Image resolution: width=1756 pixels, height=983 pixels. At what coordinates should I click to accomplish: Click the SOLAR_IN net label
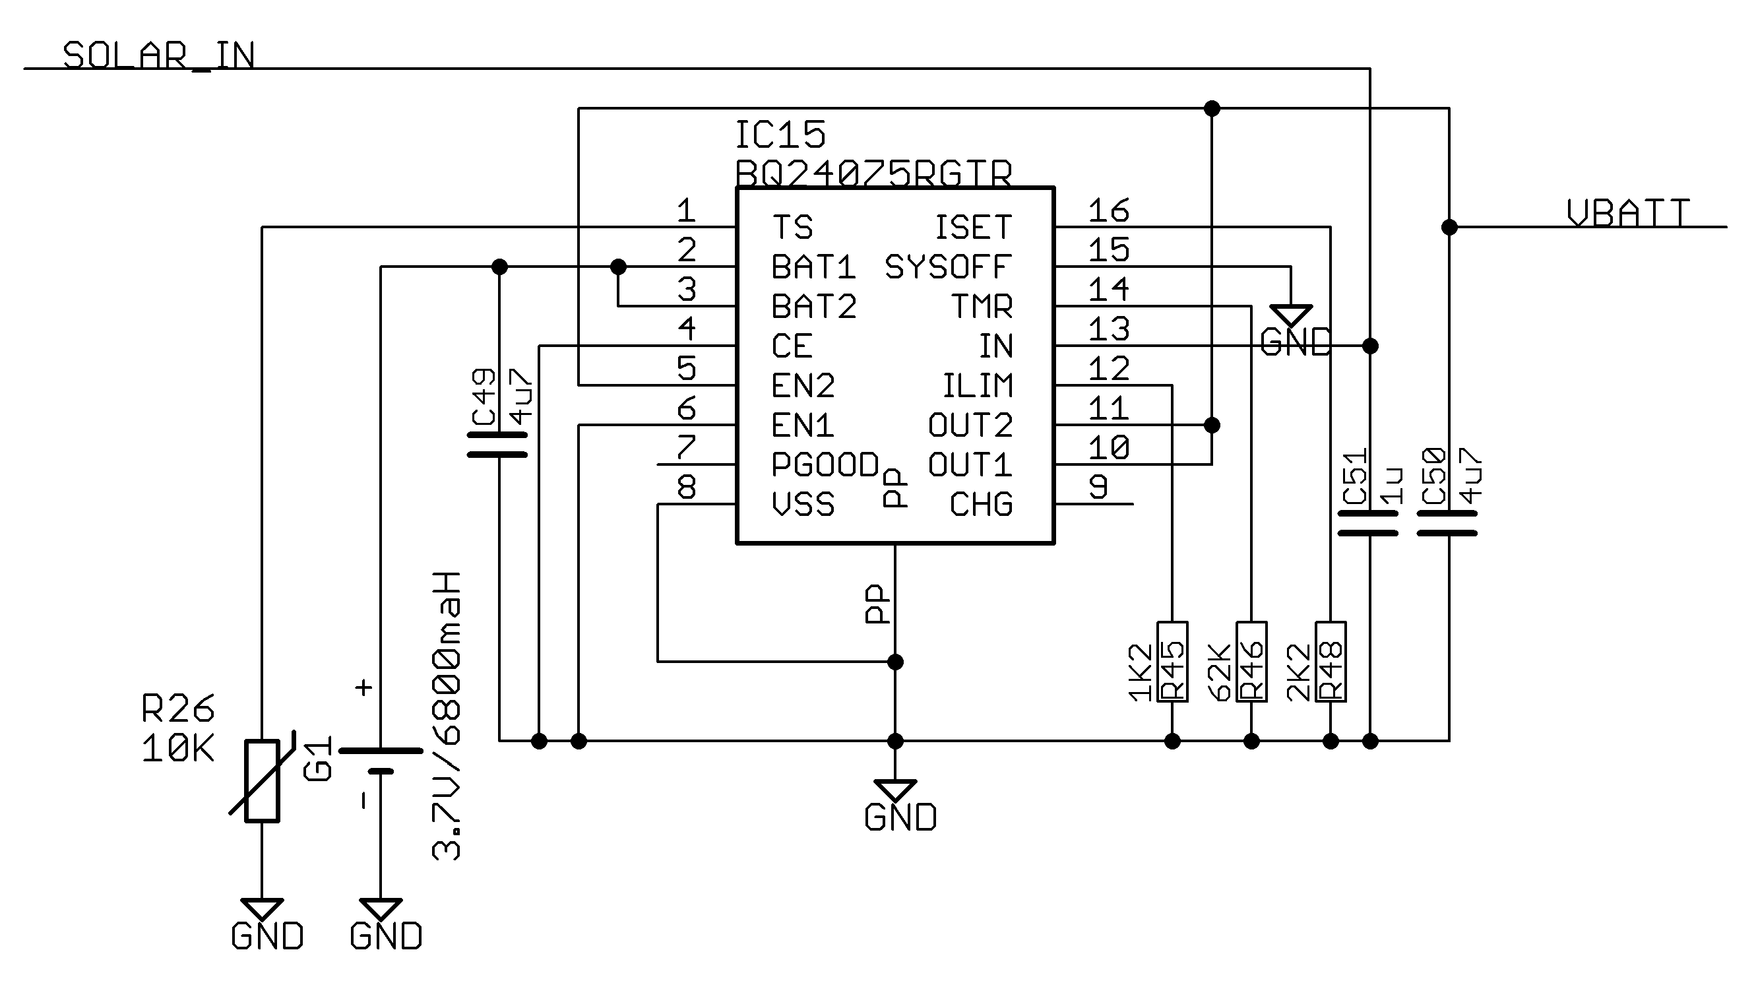click(158, 55)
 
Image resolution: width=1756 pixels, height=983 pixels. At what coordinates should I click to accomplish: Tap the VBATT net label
click(1628, 212)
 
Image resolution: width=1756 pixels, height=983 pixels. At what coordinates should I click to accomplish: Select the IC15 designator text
click(780, 135)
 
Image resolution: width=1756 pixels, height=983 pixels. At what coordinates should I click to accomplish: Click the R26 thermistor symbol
click(263, 780)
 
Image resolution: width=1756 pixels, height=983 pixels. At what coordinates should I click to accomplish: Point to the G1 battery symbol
click(381, 761)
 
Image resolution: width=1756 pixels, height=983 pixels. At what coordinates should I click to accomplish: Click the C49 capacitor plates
click(497, 444)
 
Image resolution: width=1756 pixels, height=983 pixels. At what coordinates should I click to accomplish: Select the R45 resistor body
click(1172, 661)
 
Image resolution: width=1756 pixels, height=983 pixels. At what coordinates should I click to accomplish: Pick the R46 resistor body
click(1251, 661)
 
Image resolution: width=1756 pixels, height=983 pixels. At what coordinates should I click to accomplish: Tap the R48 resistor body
click(1331, 661)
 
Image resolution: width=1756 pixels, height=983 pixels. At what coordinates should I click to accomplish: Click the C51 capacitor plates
click(1368, 523)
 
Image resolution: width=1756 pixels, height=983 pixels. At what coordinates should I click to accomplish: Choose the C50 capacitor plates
click(1447, 523)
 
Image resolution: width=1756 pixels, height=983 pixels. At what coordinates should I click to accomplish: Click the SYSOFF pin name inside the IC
click(947, 267)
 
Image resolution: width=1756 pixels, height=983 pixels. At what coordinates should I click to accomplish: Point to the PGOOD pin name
click(825, 465)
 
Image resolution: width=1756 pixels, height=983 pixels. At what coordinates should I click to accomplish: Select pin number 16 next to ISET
click(1108, 210)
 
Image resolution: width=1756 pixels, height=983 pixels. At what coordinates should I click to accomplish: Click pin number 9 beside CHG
click(1098, 487)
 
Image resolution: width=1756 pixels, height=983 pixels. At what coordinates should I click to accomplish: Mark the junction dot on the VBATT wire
click(1449, 227)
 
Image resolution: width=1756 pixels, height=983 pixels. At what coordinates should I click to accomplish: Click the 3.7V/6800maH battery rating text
click(447, 716)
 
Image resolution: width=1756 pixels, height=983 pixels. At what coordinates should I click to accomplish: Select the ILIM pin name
click(978, 386)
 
